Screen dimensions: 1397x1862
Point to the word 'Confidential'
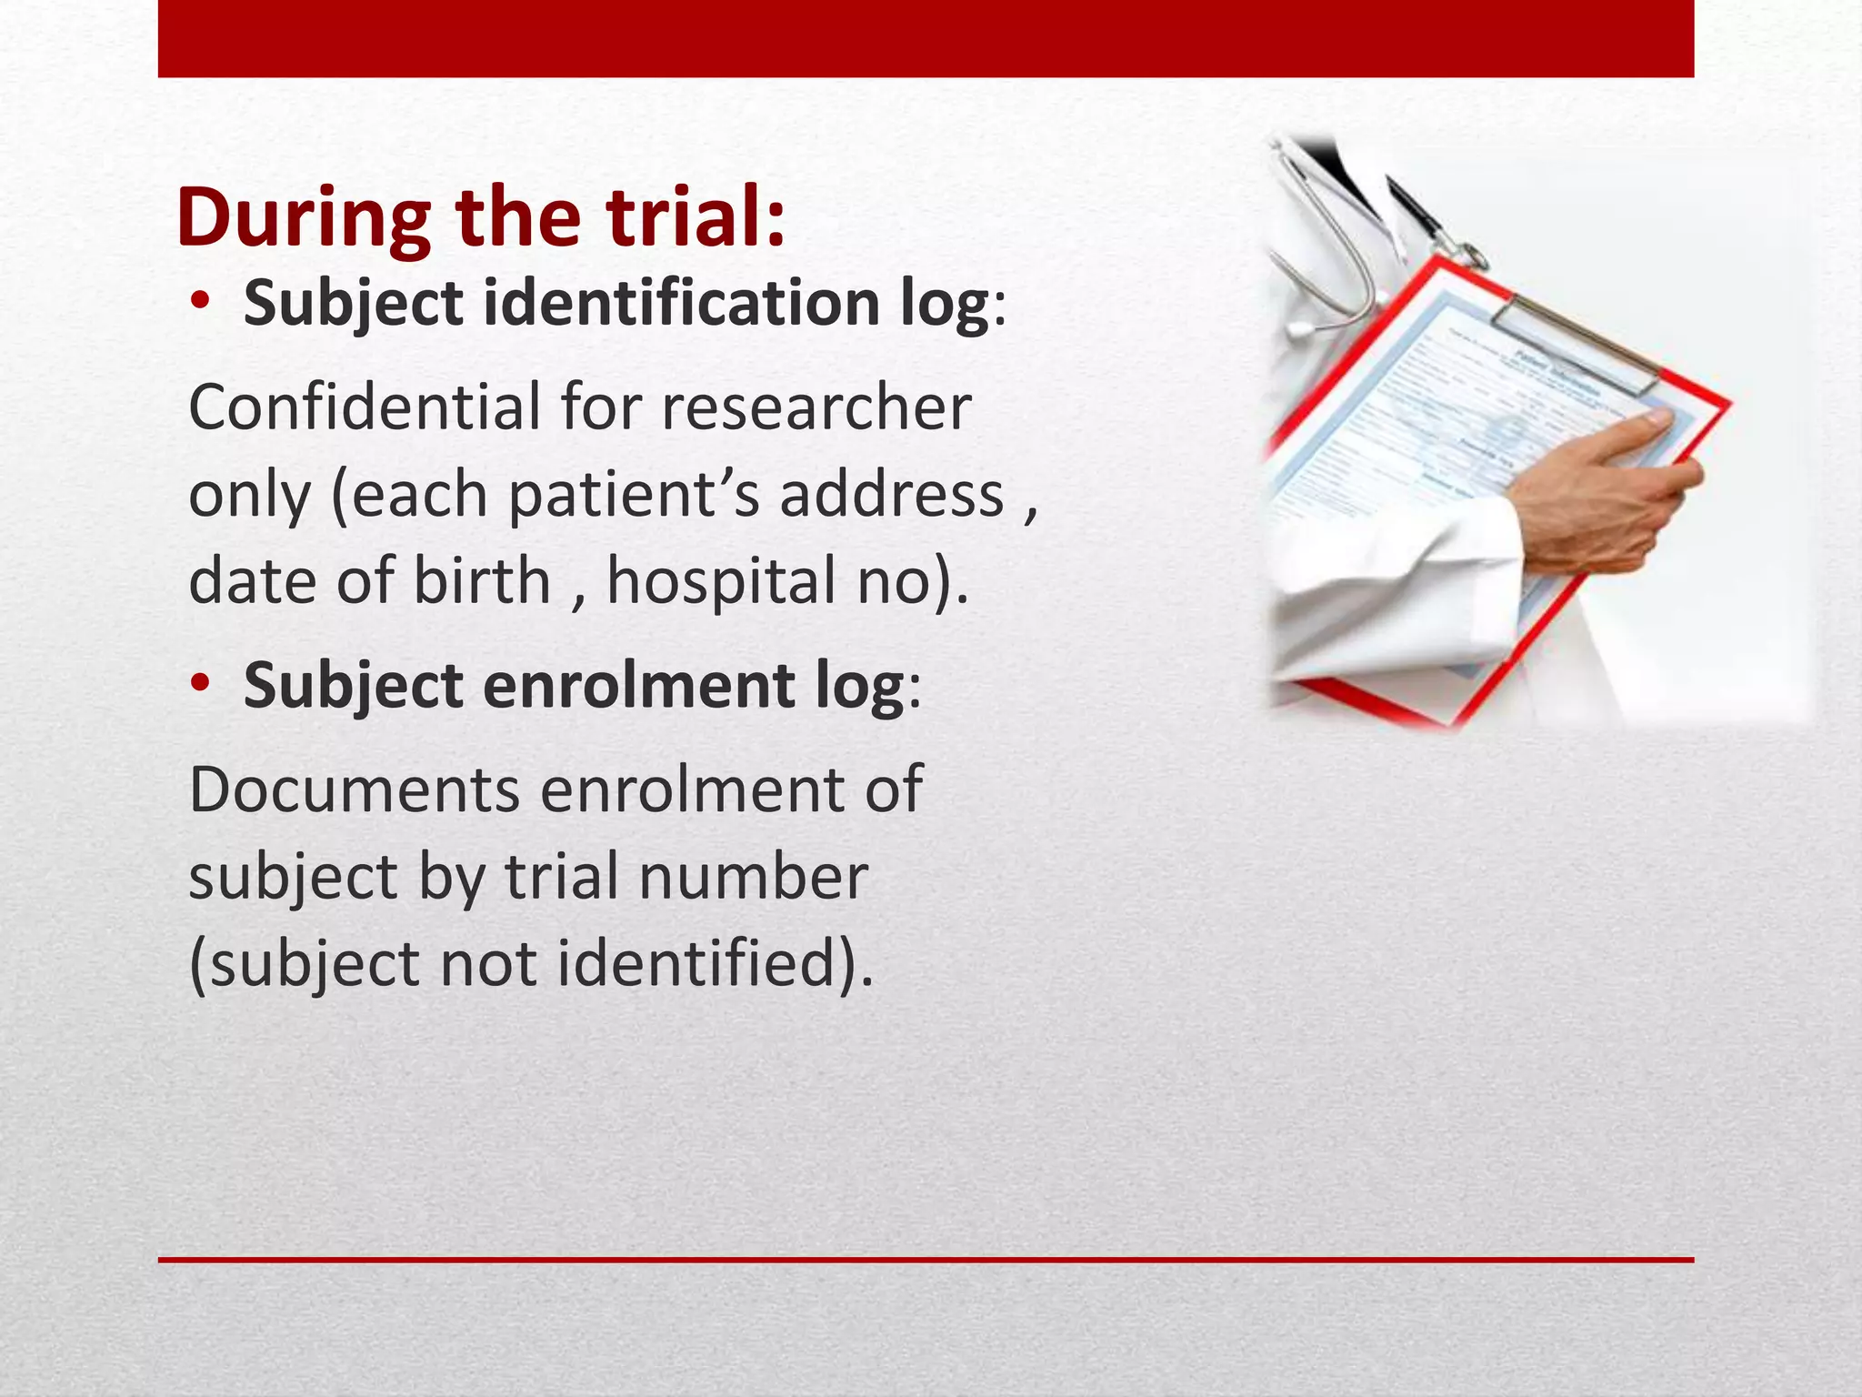coord(364,407)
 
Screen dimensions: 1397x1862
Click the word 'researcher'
coord(816,407)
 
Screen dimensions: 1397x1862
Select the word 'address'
coord(892,495)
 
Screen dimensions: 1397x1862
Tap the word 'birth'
coord(482,581)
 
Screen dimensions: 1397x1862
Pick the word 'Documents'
coord(354,789)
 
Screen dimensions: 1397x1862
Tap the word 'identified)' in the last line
coord(715,964)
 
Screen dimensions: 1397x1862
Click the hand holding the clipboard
coord(1609,491)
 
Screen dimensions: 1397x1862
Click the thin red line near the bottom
coord(926,1260)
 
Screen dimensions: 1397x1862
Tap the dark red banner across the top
coord(926,38)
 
